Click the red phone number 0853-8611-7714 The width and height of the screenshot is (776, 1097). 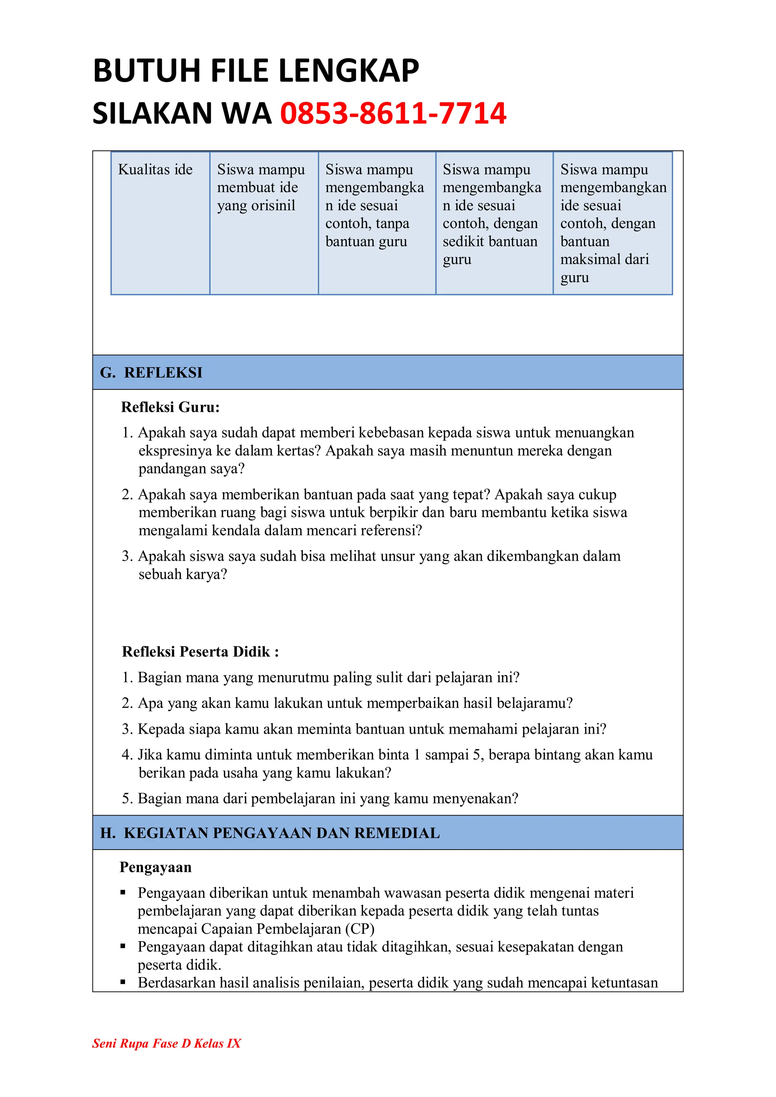click(393, 114)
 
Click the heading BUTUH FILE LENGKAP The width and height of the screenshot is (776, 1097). click(256, 71)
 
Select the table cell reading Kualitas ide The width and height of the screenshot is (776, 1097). click(155, 170)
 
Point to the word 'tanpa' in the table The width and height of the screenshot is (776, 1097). click(392, 223)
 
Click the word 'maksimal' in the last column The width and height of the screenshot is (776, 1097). click(584, 259)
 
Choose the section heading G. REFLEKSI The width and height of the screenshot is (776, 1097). click(152, 372)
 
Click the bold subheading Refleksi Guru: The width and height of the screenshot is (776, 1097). click(170, 407)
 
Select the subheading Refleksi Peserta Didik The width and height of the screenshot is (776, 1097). click(200, 652)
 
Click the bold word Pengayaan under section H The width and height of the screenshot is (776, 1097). click(155, 867)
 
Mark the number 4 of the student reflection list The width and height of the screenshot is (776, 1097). click(126, 755)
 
